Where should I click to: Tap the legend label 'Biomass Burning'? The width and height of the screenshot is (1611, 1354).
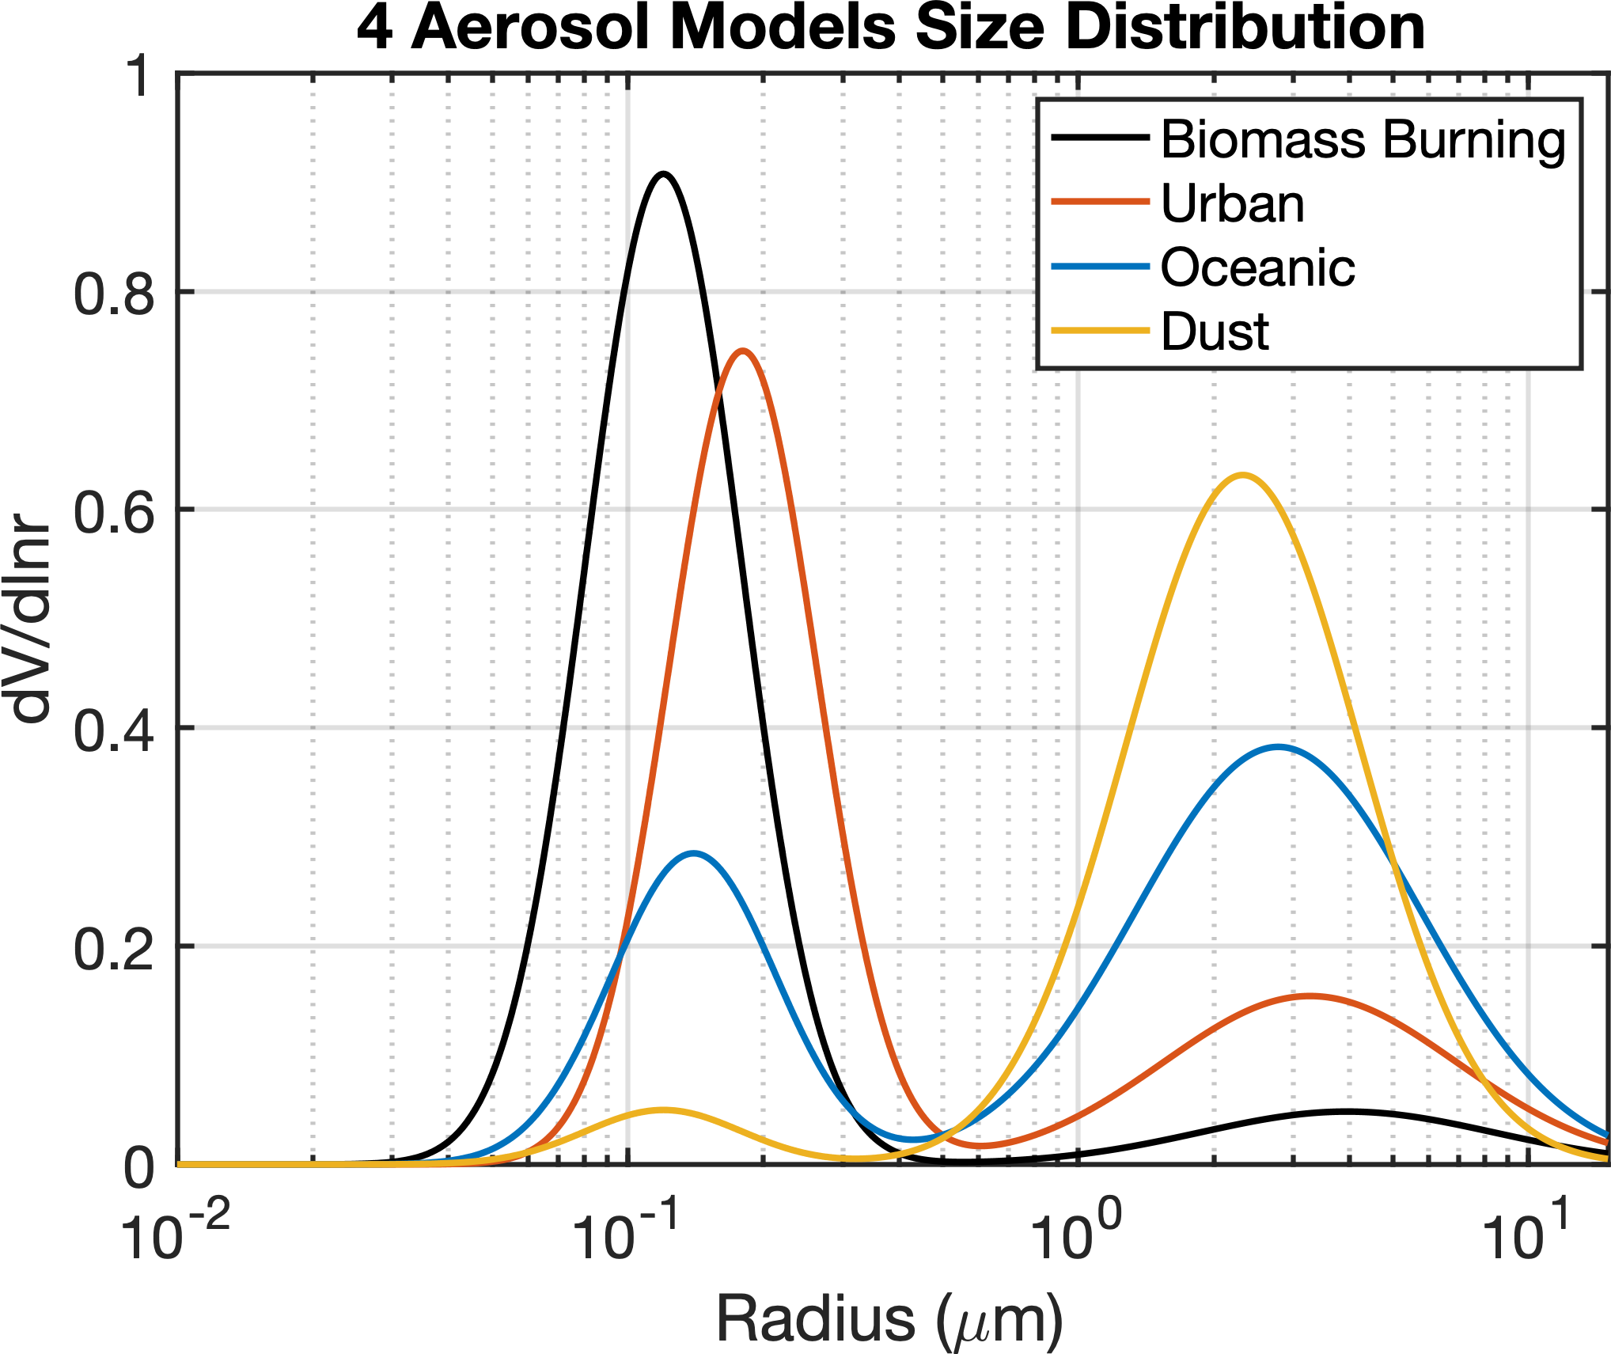pyautogui.click(x=1363, y=140)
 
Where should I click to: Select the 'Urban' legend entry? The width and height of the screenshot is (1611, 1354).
pyautogui.click(x=1232, y=204)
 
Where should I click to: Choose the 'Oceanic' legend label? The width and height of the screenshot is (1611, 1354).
pyautogui.click(x=1257, y=267)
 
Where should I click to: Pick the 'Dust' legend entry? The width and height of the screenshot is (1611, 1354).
pyautogui.click(x=1215, y=332)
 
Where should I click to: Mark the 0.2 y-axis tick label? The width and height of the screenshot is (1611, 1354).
pyautogui.click(x=113, y=948)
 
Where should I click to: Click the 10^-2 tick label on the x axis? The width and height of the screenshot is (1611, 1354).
pyautogui.click(x=176, y=1231)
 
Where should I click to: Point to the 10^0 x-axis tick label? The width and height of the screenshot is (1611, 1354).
pyautogui.click(x=1077, y=1231)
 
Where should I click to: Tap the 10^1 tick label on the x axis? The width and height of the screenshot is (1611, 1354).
pyautogui.click(x=1526, y=1231)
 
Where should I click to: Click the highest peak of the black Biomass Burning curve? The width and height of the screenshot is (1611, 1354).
pyautogui.click(x=664, y=173)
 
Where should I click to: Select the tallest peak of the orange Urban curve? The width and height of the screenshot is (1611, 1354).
pyautogui.click(x=741, y=351)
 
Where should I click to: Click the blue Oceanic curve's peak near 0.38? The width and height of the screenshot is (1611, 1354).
pyautogui.click(x=1278, y=746)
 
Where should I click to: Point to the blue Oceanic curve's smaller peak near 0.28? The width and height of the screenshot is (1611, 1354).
pyautogui.click(x=693, y=853)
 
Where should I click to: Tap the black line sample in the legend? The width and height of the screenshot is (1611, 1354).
pyautogui.click(x=1100, y=138)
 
